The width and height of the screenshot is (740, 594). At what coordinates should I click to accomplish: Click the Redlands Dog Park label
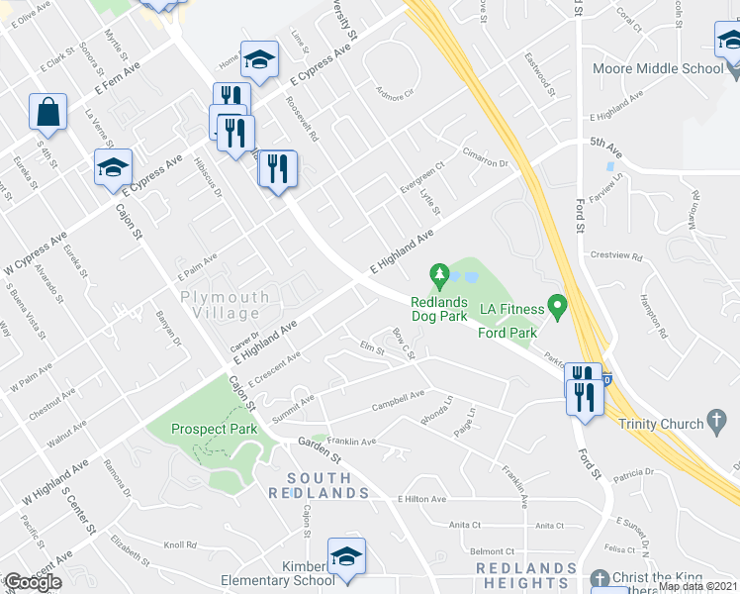point(438,308)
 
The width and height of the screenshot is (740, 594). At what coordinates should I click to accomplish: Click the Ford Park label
point(508,333)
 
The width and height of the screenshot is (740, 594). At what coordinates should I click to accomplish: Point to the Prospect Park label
point(214,429)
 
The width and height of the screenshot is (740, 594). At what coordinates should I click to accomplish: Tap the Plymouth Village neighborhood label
point(225,305)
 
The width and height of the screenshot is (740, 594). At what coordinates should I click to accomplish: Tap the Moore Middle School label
point(657,69)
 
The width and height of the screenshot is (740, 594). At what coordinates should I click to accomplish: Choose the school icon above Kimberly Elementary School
point(346,558)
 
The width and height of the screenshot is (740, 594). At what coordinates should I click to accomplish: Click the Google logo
point(32,582)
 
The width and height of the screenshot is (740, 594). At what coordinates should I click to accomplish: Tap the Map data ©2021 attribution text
point(698,587)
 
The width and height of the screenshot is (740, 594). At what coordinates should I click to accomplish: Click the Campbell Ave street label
point(398,400)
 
